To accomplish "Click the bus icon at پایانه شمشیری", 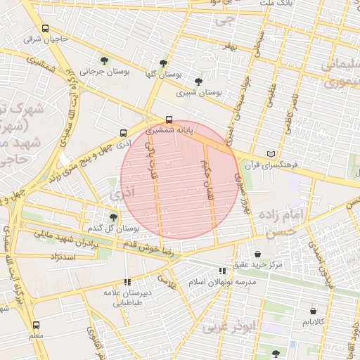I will coord(168,119).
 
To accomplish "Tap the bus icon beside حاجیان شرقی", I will coord(46,29).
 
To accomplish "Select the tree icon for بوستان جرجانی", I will coord(105,61).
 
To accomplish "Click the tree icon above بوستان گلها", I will coord(164,63).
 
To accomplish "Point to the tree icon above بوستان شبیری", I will coord(198,82).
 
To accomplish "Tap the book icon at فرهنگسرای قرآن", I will coord(272,154).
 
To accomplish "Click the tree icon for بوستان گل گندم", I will coord(113,217).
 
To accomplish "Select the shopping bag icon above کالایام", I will coord(313,310).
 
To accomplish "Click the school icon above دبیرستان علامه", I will coord(127,282).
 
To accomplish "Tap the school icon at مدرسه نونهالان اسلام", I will coord(222,271).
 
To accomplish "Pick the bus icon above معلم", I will coord(37,325).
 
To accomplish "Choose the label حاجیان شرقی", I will coord(46,39).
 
